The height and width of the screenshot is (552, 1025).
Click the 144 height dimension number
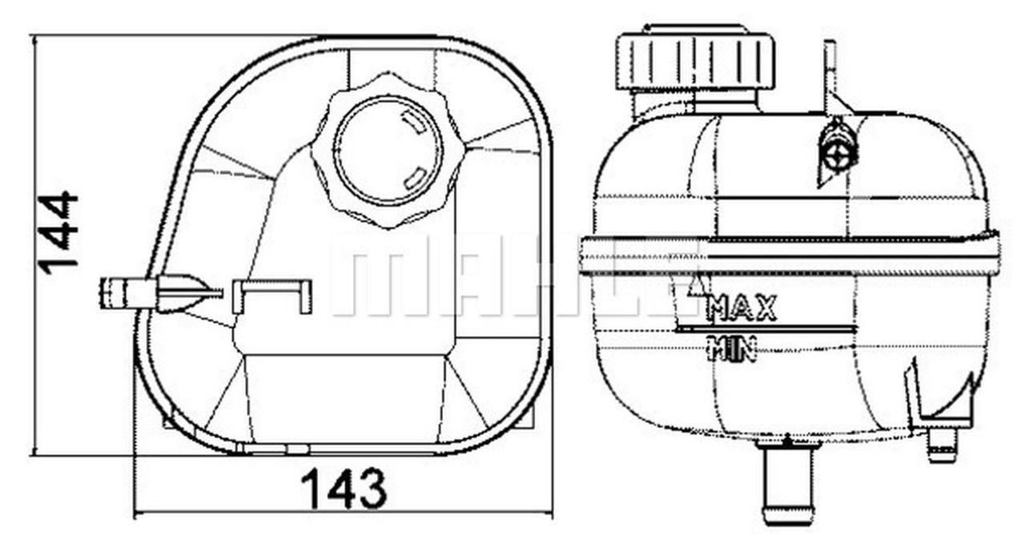(x=59, y=233)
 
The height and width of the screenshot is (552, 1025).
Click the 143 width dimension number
(x=344, y=490)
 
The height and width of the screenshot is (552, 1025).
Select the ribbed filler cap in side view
(x=694, y=61)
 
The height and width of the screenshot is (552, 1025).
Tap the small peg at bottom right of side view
(x=943, y=445)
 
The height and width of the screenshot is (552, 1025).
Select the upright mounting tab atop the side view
(x=830, y=76)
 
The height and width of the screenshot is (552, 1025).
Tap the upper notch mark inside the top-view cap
(x=413, y=123)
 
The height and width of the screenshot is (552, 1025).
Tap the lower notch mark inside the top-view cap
(x=414, y=177)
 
